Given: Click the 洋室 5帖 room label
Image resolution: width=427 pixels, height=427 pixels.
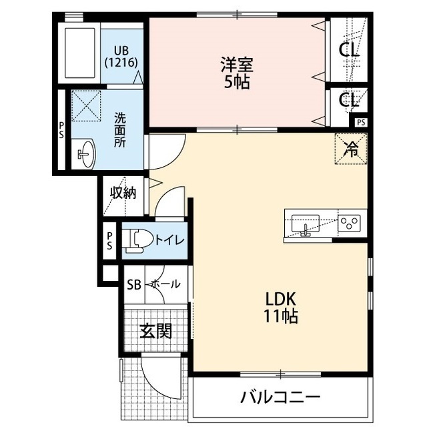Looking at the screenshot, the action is coord(237,73).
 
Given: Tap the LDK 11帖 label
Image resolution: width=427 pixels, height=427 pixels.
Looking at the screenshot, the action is coord(280,308).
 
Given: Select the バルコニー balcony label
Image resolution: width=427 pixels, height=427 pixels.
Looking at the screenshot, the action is coord(280,398).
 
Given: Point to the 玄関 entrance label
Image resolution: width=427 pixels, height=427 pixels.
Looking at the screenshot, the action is coord(155,331).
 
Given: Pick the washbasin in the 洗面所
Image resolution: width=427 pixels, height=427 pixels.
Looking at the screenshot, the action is coord(86,153).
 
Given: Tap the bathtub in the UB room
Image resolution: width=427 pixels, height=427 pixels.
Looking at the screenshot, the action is coord(80,53).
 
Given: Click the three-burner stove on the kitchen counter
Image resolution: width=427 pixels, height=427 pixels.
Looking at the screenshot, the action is coord(350,223).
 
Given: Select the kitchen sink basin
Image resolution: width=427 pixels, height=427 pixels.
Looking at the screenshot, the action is coord(306,224).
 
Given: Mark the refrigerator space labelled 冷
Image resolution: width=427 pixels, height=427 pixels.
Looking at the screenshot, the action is coord(351,149).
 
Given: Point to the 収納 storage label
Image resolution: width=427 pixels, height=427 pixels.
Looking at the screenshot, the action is coord(123,193).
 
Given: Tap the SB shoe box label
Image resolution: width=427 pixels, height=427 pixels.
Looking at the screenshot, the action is coord(134,285).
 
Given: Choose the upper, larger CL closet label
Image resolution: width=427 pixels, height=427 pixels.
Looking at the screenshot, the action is coord(349,50).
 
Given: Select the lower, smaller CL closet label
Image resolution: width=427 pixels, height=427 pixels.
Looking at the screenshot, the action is coord(349,99).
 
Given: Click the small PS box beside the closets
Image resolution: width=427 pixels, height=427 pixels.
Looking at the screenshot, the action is coord(361,123).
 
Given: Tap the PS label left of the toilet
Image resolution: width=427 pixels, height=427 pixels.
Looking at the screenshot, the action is coord(109,241).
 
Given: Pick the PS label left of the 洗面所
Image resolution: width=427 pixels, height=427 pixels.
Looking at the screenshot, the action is coord(61,130).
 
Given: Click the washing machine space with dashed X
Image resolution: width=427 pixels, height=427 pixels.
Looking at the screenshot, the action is coord(86,106).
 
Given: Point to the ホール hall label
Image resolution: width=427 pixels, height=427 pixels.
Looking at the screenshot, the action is coord(165,284).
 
